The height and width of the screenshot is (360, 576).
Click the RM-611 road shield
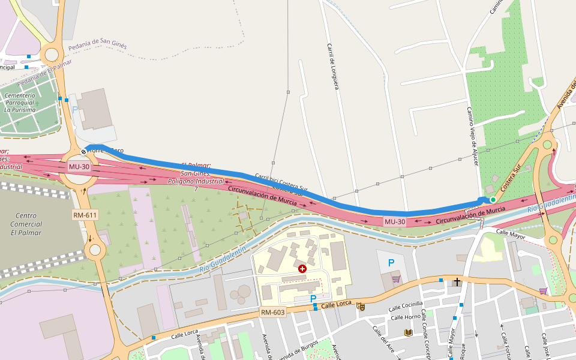coord(85,215)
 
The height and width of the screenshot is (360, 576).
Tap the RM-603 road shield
coord(272,312)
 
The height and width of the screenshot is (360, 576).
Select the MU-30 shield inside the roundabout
coord(79,166)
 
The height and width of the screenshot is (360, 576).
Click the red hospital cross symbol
coord(302,269)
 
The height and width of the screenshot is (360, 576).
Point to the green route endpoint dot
coord(493,199)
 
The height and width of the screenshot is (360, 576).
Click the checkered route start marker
coord(83,152)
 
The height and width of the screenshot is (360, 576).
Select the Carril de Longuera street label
coord(333,66)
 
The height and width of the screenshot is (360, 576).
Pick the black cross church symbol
coord(457,281)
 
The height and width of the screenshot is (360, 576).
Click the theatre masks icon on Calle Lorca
coord(361,307)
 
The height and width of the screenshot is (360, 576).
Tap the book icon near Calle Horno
coord(409,332)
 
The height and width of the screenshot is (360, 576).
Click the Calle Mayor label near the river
coord(511,236)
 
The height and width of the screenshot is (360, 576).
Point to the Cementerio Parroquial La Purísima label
coord(20,103)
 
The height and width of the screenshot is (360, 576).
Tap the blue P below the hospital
coord(313,298)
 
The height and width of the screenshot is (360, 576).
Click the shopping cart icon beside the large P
coord(395,279)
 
